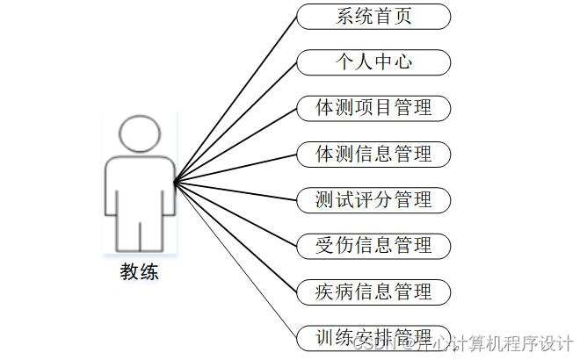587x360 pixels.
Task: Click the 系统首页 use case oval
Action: click(x=373, y=17)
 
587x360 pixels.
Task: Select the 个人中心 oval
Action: click(x=373, y=62)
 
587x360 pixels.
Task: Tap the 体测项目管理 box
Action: click(x=373, y=108)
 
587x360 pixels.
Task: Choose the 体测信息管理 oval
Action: click(x=373, y=154)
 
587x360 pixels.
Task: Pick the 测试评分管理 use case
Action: click(x=373, y=199)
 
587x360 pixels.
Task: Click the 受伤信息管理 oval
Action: click(x=373, y=245)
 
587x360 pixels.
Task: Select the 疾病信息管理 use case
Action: click(x=373, y=291)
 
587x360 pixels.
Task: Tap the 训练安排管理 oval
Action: click(x=373, y=336)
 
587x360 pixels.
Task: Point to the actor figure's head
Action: click(x=141, y=133)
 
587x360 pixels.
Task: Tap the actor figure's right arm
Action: click(x=167, y=189)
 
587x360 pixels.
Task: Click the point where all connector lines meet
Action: click(x=174, y=183)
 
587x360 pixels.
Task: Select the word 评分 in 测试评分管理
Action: click(x=373, y=199)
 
